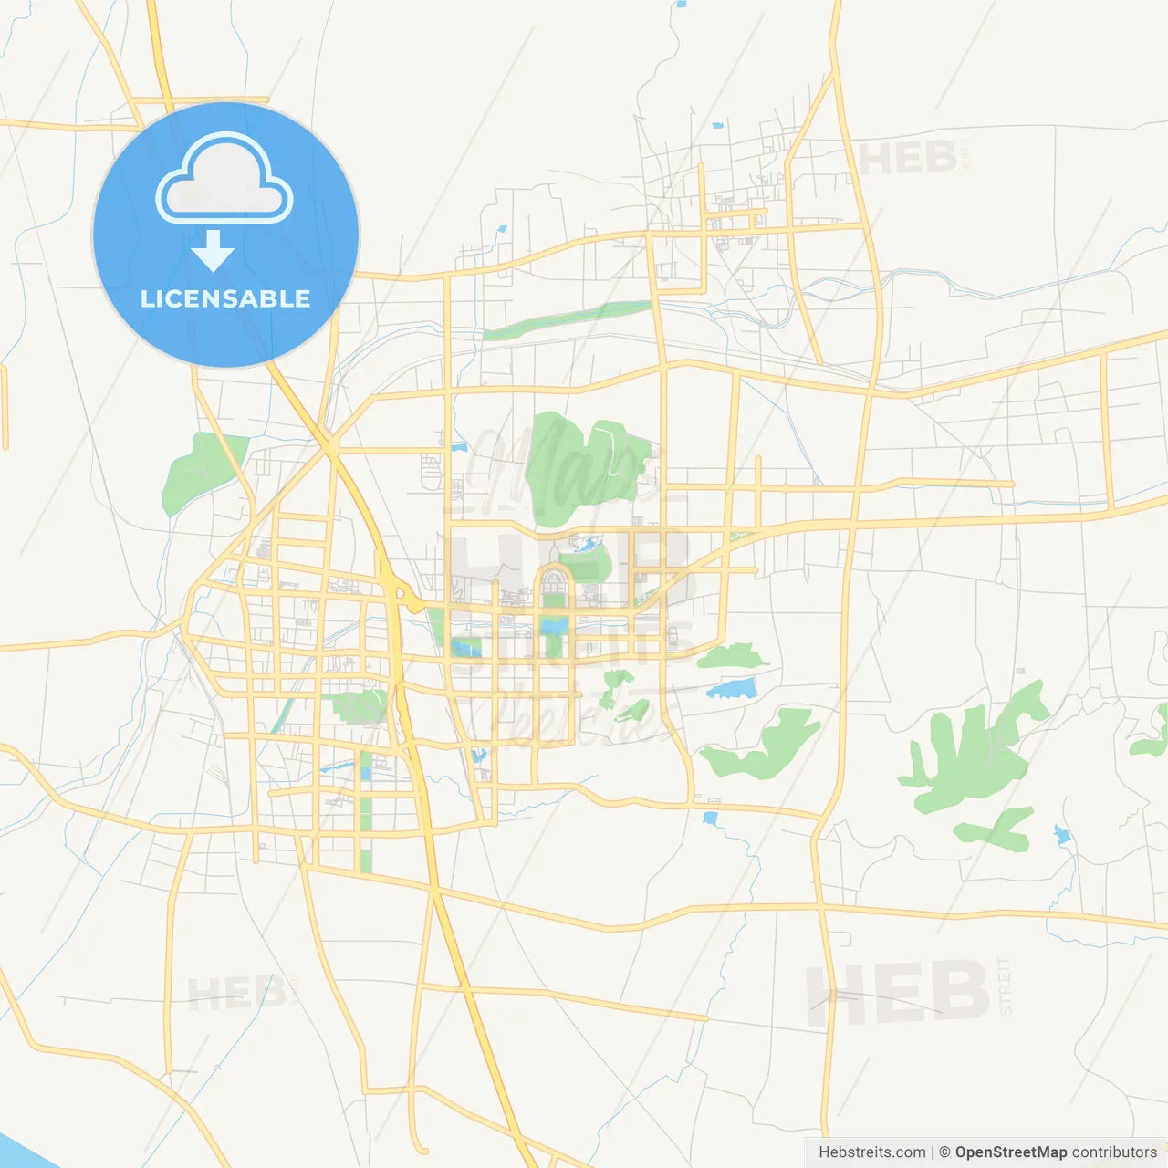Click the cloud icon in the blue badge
pos(224,179)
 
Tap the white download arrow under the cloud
pos(213,251)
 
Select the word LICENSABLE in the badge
pos(225,298)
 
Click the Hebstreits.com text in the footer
pos(871,1152)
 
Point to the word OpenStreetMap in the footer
pos(1010,1152)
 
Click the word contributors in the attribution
pos(1114,1152)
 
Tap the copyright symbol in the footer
pos(944,1152)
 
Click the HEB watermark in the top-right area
pos(907,159)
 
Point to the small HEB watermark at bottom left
pos(235,992)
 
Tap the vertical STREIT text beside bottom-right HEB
pos(1005,986)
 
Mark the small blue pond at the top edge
pos(681,4)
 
